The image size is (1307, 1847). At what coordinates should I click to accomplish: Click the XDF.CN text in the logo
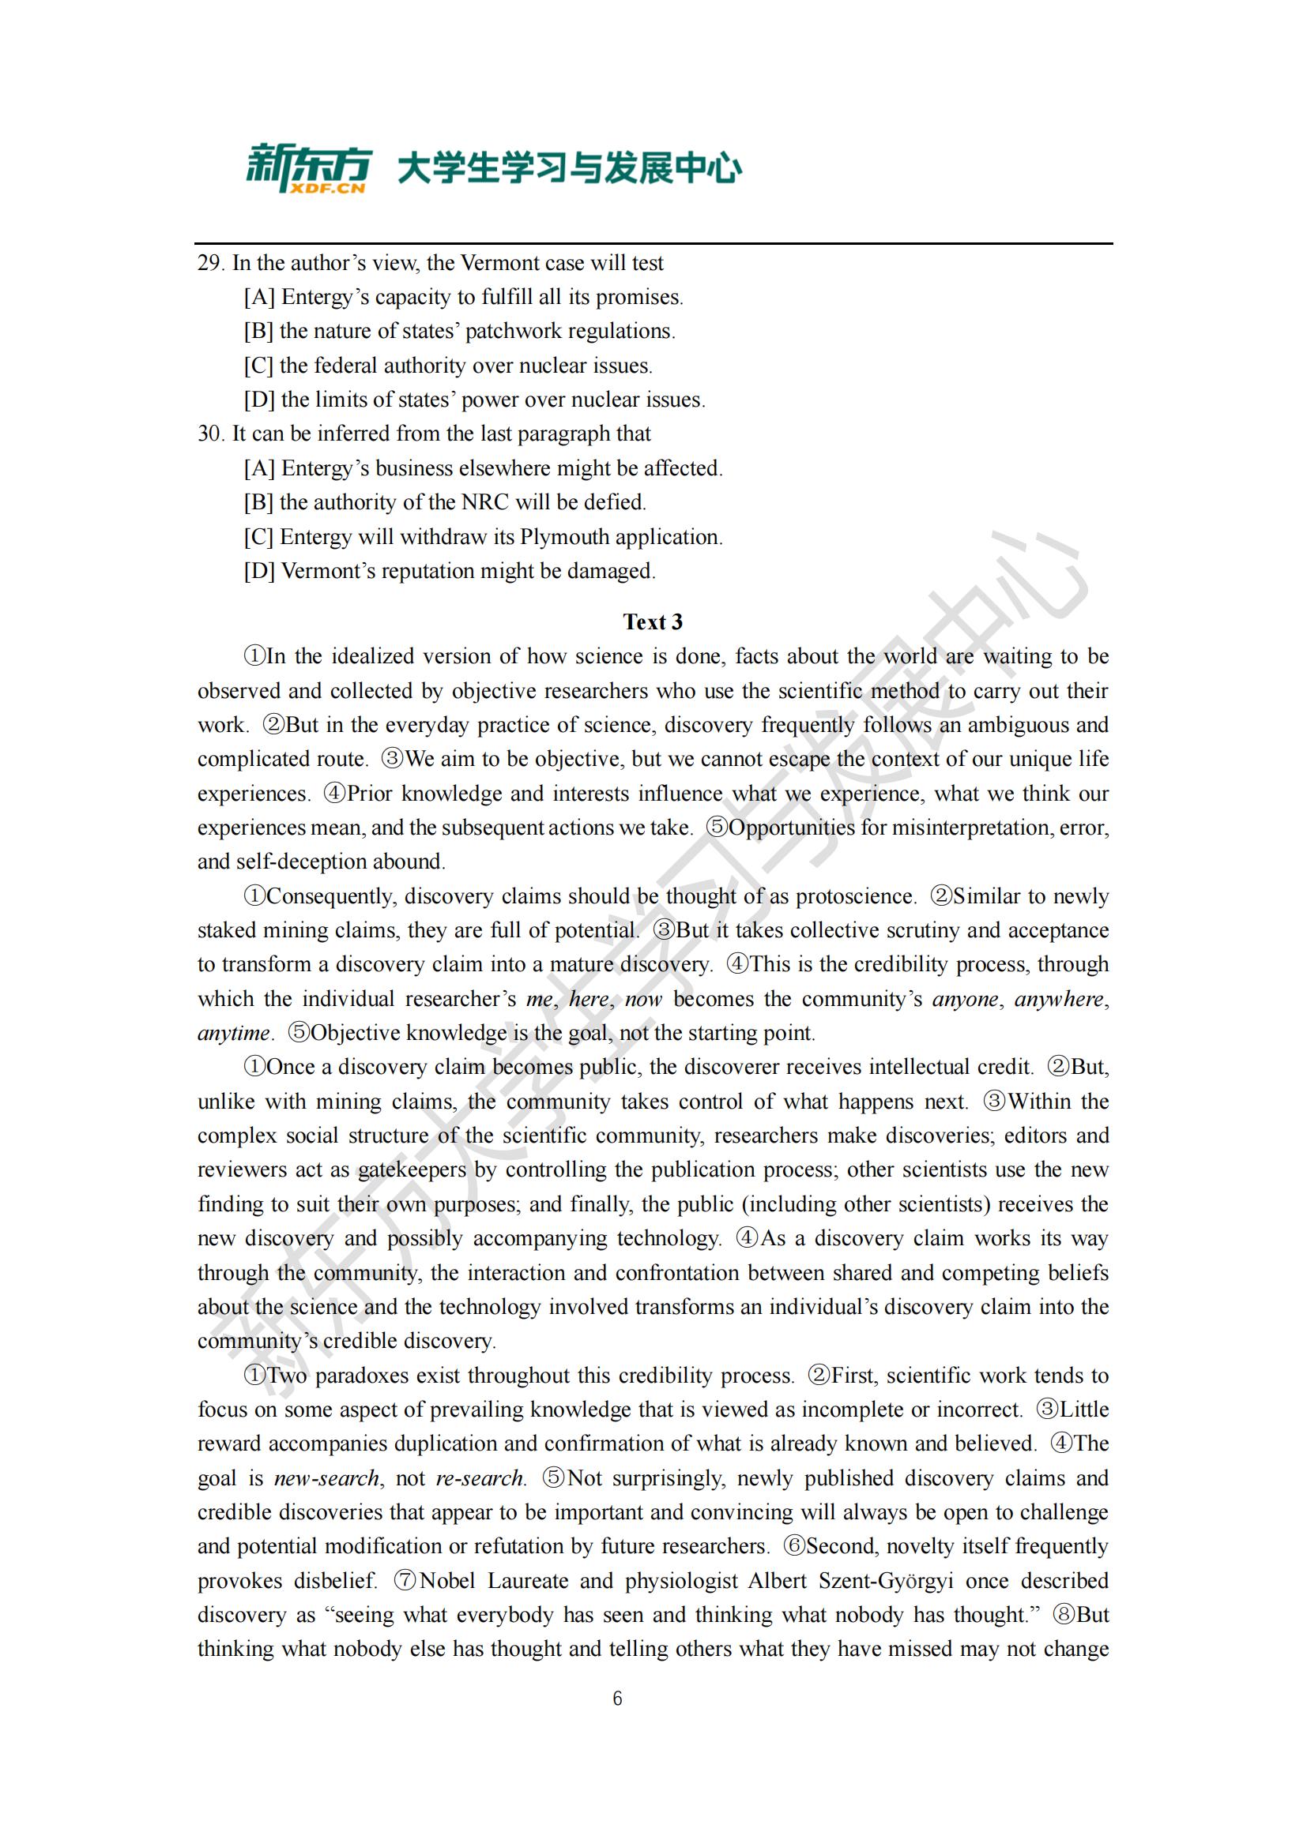(326, 188)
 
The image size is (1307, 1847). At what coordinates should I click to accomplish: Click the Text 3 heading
(653, 621)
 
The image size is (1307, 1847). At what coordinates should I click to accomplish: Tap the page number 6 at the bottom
(617, 1699)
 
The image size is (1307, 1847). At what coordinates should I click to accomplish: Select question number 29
(210, 263)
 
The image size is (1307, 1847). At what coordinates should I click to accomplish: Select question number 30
(210, 434)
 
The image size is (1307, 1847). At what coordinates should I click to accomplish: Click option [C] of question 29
(259, 366)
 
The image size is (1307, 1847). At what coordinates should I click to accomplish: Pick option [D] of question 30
(259, 571)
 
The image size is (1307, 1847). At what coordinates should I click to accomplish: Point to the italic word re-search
(480, 1478)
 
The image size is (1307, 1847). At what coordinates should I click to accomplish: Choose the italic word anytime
(233, 1033)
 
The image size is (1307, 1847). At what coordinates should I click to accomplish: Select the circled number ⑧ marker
(1061, 1615)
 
